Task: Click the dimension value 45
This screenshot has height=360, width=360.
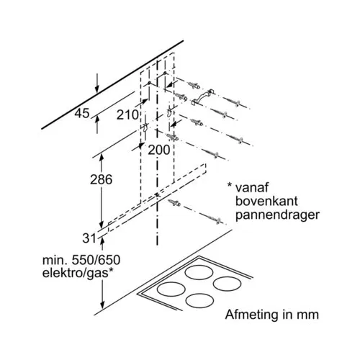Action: coord(82,113)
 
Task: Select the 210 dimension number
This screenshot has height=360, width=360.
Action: coord(127,114)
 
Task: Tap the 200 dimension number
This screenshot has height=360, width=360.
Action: coord(159,150)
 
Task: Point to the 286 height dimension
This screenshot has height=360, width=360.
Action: coord(101,179)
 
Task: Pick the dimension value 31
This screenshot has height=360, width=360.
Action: coord(89,238)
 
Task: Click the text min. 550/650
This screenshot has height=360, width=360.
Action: coord(81,260)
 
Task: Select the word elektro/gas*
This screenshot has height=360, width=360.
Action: coord(78,274)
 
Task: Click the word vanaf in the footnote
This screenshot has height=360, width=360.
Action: coord(252,187)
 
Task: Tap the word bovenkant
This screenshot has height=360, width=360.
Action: coord(266,201)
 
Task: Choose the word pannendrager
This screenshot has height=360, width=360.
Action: coord(277,215)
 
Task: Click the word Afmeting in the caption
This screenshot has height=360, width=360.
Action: coord(252,315)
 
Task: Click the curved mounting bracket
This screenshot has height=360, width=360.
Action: coord(202,96)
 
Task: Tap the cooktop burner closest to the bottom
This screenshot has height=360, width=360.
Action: coord(199,301)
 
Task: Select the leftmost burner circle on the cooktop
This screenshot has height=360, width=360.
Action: coord(171,289)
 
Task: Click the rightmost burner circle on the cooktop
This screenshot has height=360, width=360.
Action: coord(227,284)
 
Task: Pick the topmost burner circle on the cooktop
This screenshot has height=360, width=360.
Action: coord(199,273)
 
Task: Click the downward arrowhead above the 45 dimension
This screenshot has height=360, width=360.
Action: coord(96,89)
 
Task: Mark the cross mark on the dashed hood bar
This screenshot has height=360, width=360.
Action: coord(157,195)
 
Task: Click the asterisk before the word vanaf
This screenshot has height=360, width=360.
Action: coord(230,185)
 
